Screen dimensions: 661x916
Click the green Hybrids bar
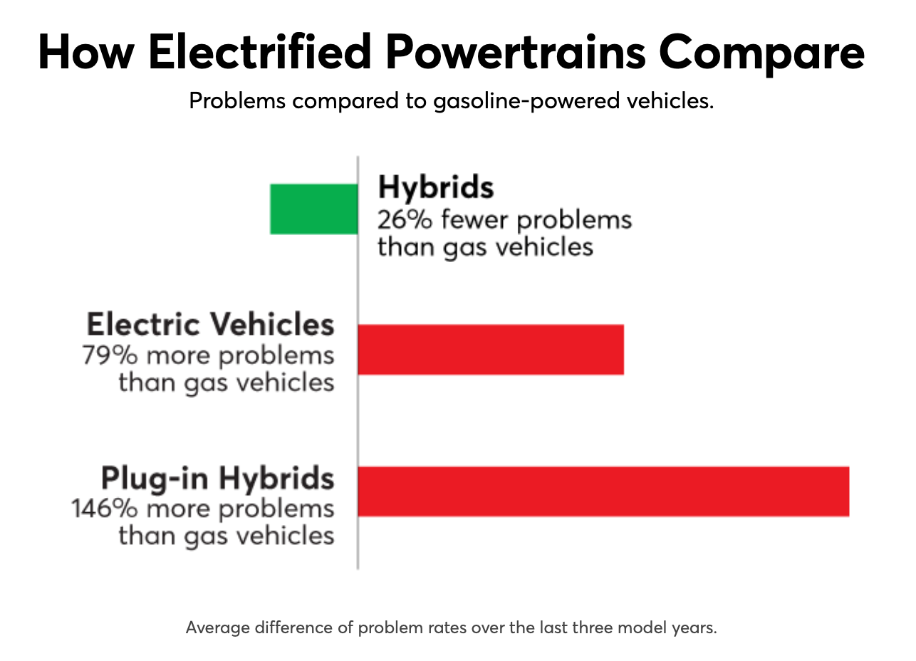313,209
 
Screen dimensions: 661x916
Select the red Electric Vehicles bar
490,349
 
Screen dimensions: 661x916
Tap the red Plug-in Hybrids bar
603,491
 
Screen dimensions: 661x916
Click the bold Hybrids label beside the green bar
435,188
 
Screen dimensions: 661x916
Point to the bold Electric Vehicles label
210,325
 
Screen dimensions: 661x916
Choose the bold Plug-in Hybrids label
217,478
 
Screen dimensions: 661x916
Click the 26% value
404,219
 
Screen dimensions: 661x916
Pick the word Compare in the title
761,52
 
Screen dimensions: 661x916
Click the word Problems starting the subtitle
236,101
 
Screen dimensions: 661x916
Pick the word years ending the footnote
696,628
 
